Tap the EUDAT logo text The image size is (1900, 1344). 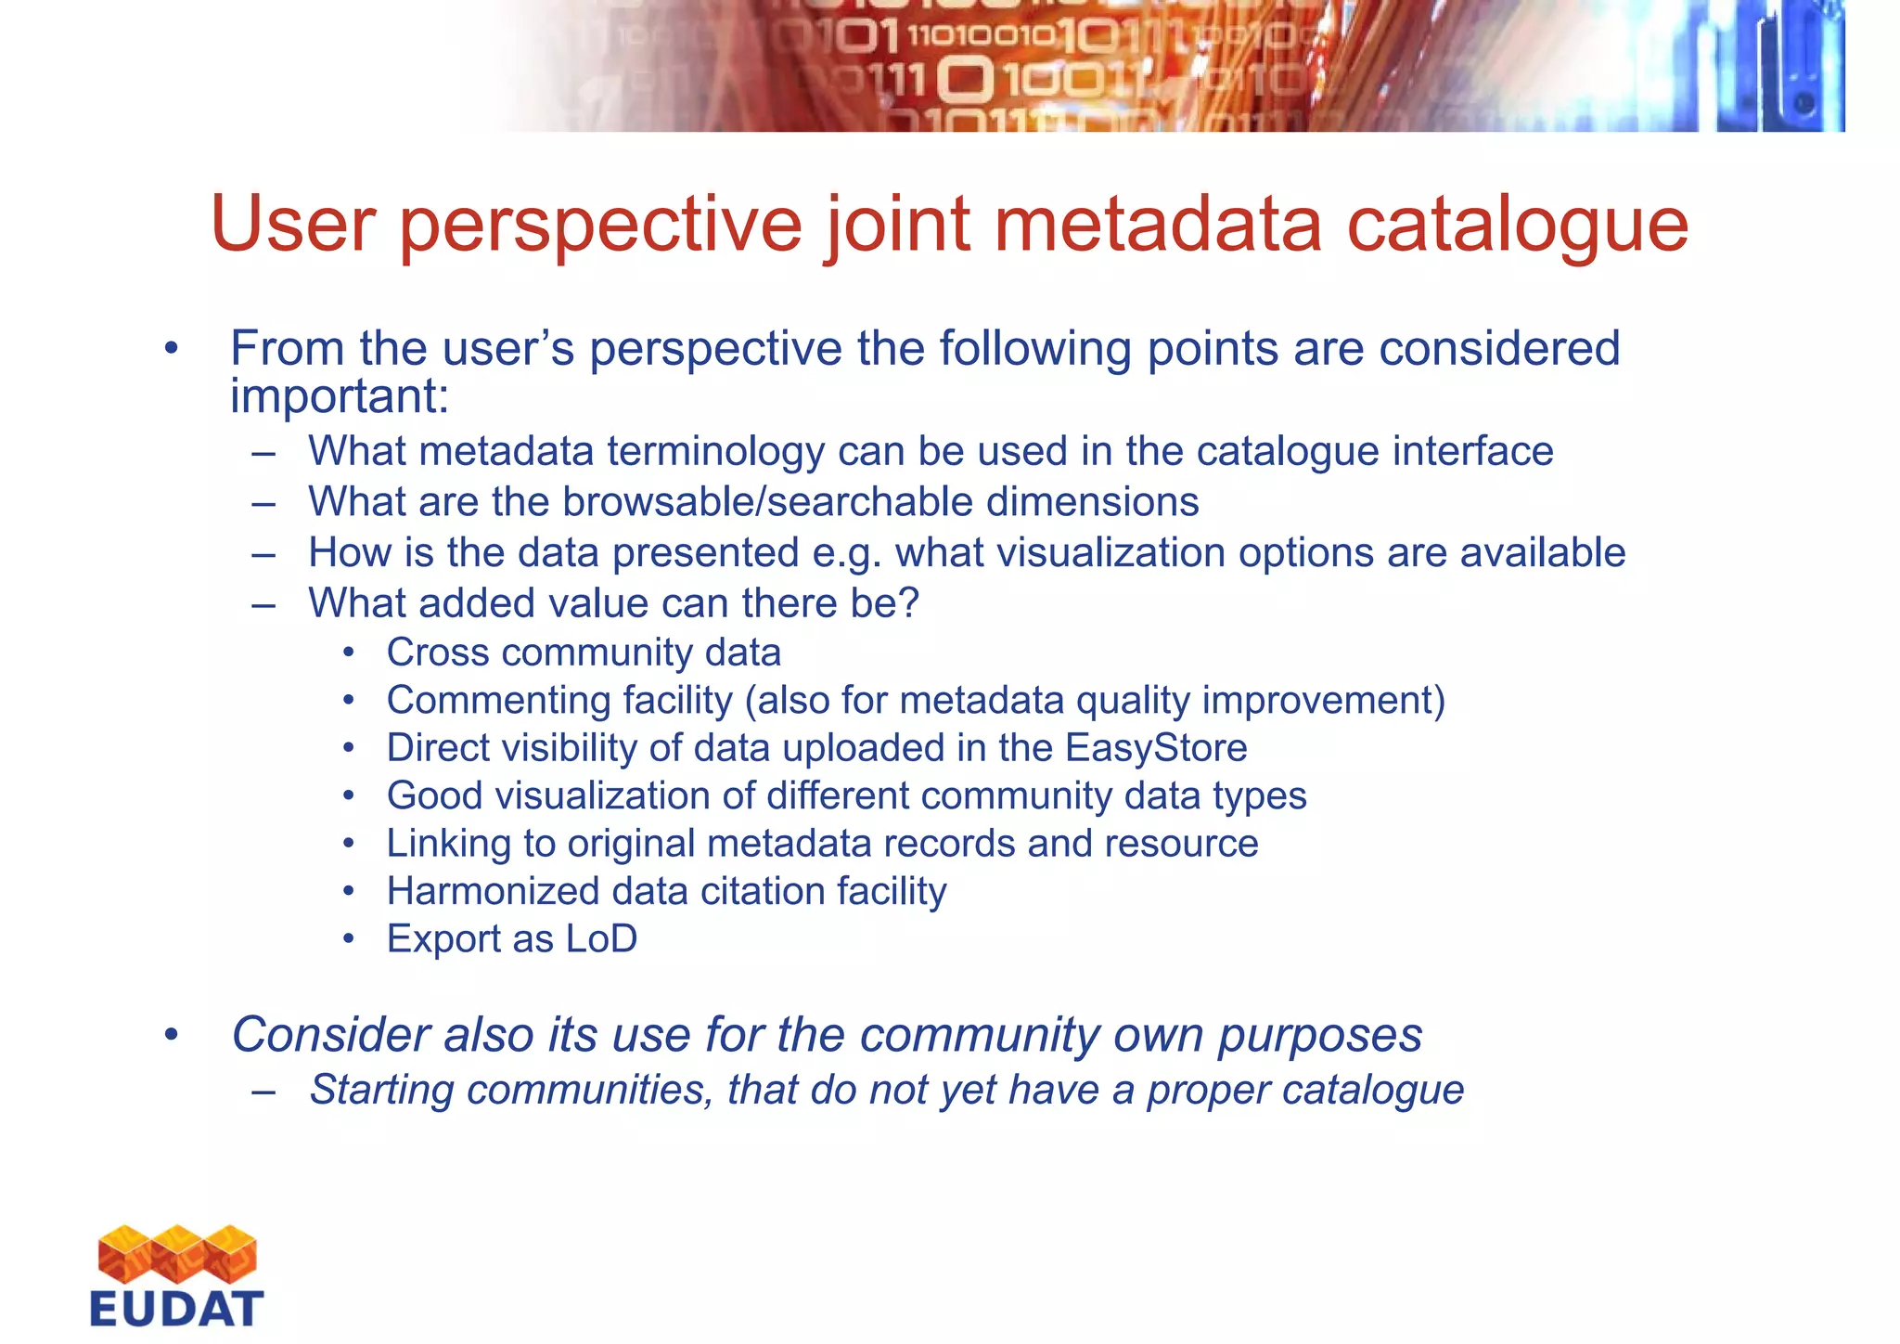point(176,1309)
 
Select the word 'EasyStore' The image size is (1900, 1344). point(1156,748)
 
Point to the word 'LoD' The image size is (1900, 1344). point(601,939)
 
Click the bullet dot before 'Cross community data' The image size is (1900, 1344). point(349,653)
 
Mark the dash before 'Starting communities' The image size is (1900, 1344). point(263,1092)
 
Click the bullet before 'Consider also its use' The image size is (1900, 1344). point(171,1035)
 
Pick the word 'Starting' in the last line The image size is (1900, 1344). point(381,1091)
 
